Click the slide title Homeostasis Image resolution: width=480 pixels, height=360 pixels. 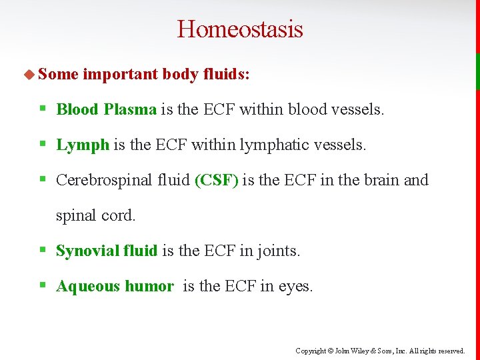coord(240,29)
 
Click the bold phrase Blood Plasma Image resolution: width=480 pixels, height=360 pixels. coord(106,109)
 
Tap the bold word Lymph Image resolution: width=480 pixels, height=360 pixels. coord(83,145)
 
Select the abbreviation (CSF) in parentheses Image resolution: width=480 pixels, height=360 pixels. coord(216,180)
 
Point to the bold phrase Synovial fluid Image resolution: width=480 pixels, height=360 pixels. coord(107,251)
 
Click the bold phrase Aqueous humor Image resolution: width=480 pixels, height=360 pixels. coord(115,286)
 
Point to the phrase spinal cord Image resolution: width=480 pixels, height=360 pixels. coord(95,215)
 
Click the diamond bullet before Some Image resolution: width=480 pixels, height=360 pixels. coord(29,74)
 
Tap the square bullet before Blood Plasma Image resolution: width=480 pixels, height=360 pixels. coord(43,109)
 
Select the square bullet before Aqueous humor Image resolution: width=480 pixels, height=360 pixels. coord(43,285)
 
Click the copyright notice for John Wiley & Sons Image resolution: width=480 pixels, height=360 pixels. coord(380,351)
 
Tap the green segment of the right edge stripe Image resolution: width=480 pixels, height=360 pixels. coord(477,71)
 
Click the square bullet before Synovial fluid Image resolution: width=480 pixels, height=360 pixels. coord(43,250)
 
